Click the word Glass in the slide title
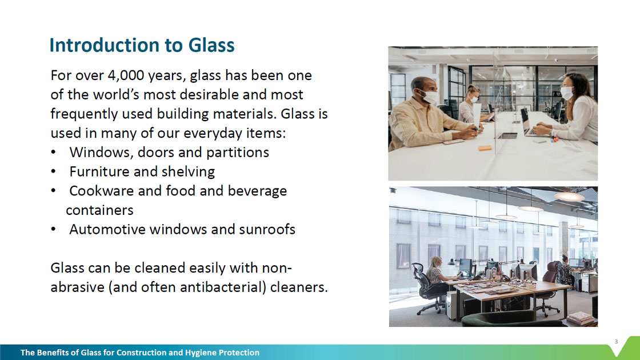(x=211, y=45)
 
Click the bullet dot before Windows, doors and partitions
(x=54, y=153)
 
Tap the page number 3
(x=617, y=342)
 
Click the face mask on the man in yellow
(x=428, y=97)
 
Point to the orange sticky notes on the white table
(x=485, y=148)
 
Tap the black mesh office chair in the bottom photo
(x=429, y=288)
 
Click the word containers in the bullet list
(x=99, y=210)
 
